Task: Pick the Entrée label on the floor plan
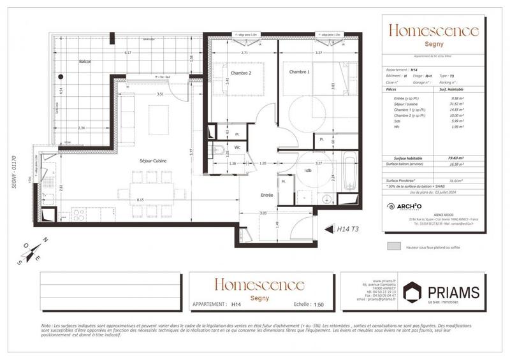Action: point(266,196)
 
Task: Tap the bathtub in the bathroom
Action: point(350,171)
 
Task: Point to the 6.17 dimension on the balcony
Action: point(127,52)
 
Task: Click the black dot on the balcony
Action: point(61,76)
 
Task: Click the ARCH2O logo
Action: point(404,206)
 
